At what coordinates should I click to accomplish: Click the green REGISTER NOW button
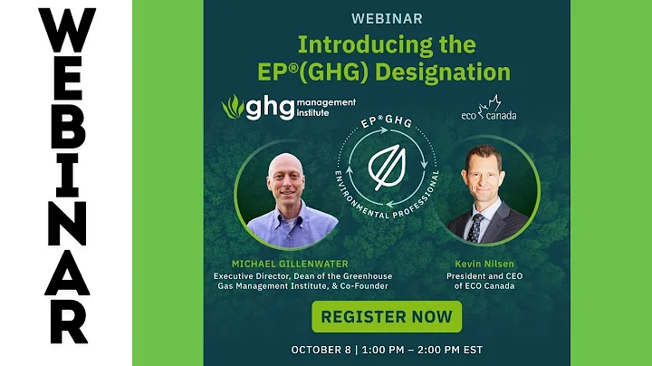387,317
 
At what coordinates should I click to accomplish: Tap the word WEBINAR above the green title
388,18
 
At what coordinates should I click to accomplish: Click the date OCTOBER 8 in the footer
324,349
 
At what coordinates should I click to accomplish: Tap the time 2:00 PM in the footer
432,349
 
